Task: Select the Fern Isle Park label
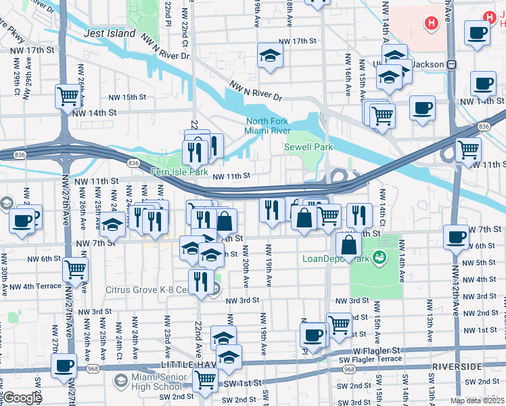pyautogui.click(x=179, y=173)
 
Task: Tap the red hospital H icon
pyautogui.click(x=430, y=24)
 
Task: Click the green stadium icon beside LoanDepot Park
pyautogui.click(x=379, y=257)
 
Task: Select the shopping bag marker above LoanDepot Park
pyautogui.click(x=348, y=245)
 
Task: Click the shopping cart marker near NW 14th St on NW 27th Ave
pyautogui.click(x=68, y=96)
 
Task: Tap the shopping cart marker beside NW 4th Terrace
pyautogui.click(x=74, y=269)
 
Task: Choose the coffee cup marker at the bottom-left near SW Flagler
pyautogui.click(x=64, y=365)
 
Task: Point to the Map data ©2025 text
pyautogui.click(x=476, y=400)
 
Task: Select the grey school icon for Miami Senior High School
pyautogui.click(x=120, y=380)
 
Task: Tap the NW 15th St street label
pyautogui.click(x=127, y=97)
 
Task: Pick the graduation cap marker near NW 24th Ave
pyautogui.click(x=113, y=225)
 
